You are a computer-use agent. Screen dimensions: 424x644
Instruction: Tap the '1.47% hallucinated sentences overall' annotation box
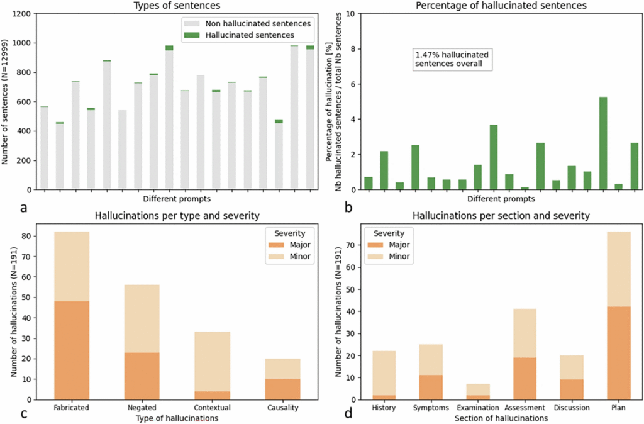pos(452,59)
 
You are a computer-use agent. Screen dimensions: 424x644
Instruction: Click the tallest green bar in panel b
pos(603,143)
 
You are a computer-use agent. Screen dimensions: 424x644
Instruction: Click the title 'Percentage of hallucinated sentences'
pos(492,6)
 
